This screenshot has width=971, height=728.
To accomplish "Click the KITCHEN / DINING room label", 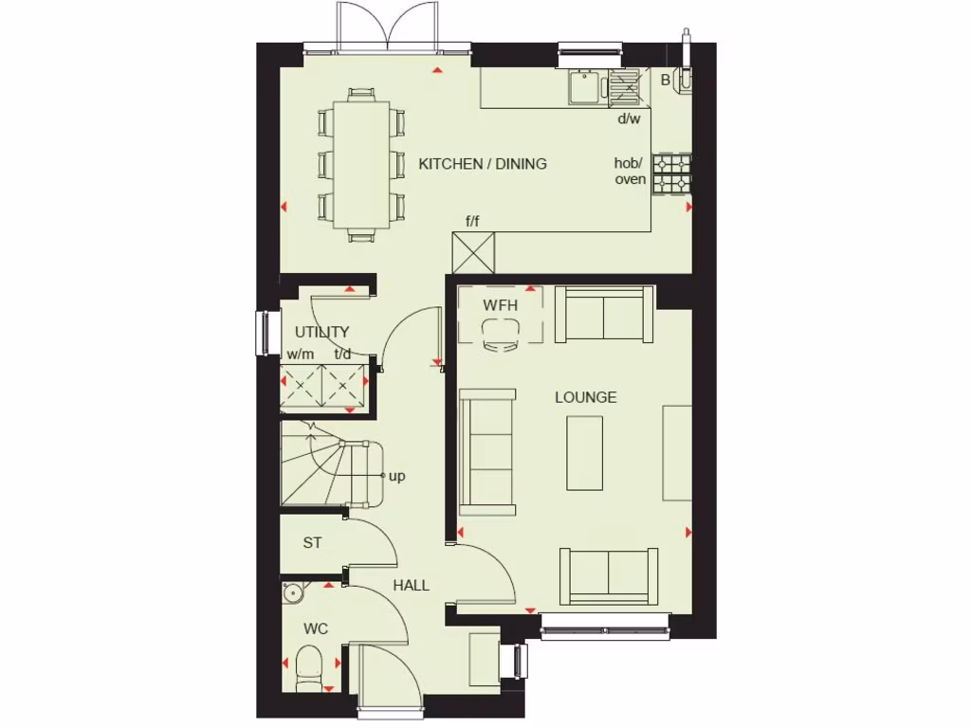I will [x=483, y=164].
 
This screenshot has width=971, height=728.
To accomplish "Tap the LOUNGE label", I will [x=585, y=397].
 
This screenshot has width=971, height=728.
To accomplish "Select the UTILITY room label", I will [x=321, y=333].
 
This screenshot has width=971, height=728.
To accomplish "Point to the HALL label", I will [x=411, y=585].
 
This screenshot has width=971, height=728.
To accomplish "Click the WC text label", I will [x=315, y=628].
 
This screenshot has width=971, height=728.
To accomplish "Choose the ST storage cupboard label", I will [x=312, y=543].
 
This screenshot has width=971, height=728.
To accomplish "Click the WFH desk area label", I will [x=499, y=305].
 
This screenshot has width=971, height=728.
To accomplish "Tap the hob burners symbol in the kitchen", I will [x=671, y=174].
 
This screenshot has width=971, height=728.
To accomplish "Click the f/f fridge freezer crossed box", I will [x=474, y=253].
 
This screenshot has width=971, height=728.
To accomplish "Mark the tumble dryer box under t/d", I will [x=345, y=387].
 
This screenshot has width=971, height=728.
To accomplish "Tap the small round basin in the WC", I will [x=294, y=593].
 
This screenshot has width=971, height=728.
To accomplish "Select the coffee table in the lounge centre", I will [x=585, y=453].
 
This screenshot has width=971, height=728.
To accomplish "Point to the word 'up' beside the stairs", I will [x=396, y=476].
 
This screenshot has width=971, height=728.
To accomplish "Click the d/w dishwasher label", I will [x=630, y=118].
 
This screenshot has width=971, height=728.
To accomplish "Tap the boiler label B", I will [x=666, y=81].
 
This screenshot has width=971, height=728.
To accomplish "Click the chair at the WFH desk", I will [x=500, y=335].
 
